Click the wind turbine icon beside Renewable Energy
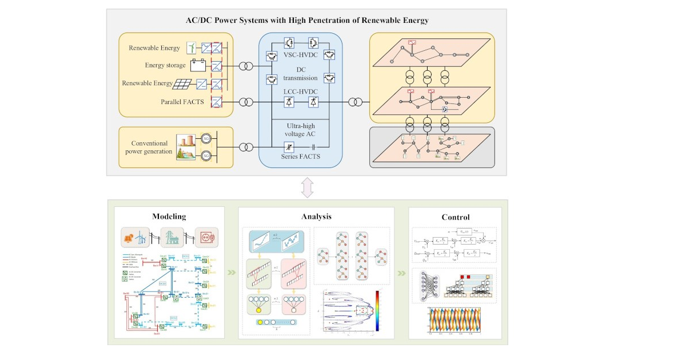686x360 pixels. pyautogui.click(x=192, y=48)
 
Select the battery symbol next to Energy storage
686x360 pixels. pyautogui.click(x=198, y=66)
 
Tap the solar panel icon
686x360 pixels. pyautogui.click(x=184, y=83)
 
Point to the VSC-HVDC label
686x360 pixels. pyautogui.click(x=300, y=55)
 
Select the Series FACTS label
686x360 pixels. pyautogui.click(x=301, y=157)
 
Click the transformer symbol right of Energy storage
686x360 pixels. pyautogui.click(x=245, y=67)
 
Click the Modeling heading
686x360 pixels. pyautogui.click(x=169, y=217)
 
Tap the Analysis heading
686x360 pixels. pyautogui.click(x=316, y=217)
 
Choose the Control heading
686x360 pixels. pyautogui.click(x=456, y=217)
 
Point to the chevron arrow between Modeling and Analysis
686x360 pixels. pyautogui.click(x=231, y=273)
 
